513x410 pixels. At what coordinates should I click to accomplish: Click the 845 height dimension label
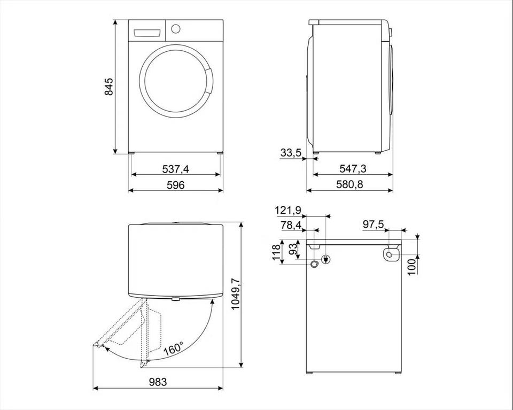(108, 87)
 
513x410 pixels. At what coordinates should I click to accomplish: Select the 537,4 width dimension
(176, 169)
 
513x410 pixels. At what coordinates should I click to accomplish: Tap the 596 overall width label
(176, 185)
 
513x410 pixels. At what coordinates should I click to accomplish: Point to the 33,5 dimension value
(291, 152)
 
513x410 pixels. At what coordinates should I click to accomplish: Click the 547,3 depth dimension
(353, 168)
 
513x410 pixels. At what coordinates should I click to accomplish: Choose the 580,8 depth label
(349, 184)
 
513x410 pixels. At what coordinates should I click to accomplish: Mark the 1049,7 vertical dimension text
(236, 294)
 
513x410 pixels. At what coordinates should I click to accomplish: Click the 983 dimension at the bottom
(158, 382)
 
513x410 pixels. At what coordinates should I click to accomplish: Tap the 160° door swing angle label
(174, 349)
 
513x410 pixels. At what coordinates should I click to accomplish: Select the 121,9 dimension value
(288, 211)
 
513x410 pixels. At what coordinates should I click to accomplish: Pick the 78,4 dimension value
(291, 226)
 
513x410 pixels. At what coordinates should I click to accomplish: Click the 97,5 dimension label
(374, 225)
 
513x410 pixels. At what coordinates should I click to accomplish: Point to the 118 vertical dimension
(277, 252)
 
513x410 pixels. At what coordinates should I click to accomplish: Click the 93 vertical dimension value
(294, 249)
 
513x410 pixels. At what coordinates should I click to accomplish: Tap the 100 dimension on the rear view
(411, 266)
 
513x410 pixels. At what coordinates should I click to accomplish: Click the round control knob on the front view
(176, 28)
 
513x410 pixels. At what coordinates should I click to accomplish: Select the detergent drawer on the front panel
(147, 33)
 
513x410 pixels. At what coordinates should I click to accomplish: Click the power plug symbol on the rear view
(326, 259)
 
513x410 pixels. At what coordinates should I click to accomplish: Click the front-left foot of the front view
(131, 152)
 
